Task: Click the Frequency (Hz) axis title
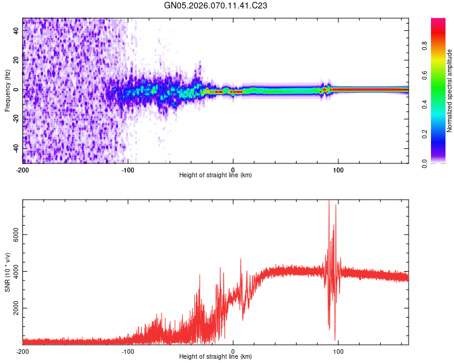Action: (x=7, y=91)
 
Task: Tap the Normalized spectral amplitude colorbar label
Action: (x=449, y=91)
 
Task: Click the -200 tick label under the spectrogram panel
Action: (x=23, y=169)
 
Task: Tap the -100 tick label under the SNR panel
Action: (x=128, y=350)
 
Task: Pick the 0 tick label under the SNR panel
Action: (x=233, y=350)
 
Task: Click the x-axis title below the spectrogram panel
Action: (x=215, y=175)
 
